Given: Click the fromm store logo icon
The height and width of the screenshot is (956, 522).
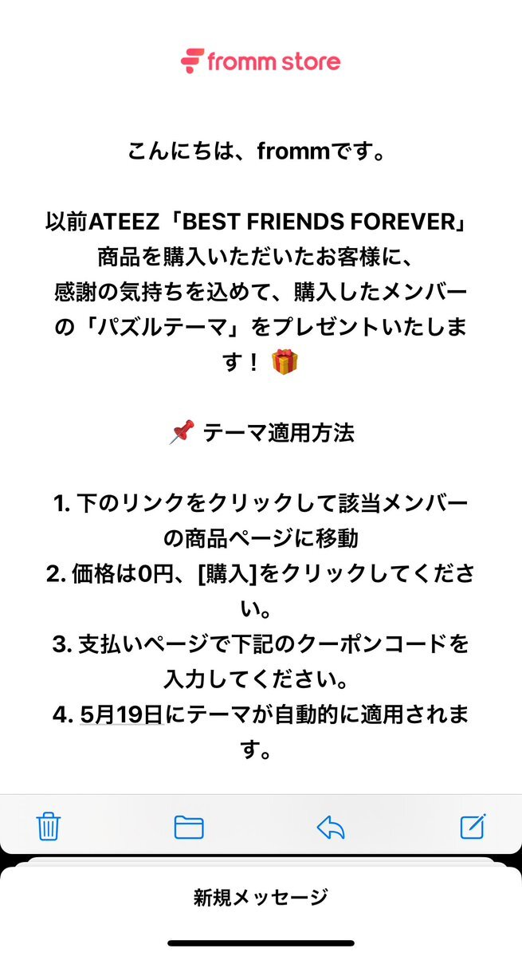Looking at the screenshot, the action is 192,61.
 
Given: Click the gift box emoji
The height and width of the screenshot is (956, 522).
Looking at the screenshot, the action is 285,362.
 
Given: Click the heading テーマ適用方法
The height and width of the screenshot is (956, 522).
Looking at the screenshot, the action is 278,433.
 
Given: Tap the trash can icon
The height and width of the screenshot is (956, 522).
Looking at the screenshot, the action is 49,827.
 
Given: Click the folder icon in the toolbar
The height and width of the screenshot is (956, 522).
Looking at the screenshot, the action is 189,828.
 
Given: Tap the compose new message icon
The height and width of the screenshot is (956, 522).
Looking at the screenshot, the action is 473,826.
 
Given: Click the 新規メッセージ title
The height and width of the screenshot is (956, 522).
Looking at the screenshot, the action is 261,898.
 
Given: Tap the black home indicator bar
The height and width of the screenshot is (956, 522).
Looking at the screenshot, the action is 261,943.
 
